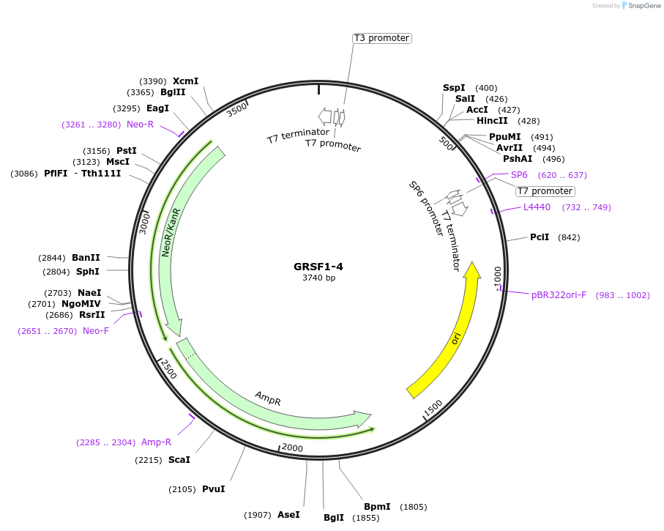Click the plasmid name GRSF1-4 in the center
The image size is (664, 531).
[x=318, y=267]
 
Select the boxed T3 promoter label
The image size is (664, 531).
[x=381, y=38]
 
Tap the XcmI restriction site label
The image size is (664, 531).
[x=185, y=81]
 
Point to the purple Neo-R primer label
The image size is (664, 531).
[x=140, y=125]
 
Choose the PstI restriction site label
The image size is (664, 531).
[x=127, y=150]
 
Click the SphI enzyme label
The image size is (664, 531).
[x=88, y=271]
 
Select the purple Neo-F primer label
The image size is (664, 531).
[x=96, y=331]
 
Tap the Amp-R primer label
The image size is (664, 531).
[x=156, y=442]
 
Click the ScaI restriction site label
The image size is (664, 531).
[x=179, y=460]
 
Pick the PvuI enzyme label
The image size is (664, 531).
[x=213, y=489]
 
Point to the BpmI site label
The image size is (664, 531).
[x=377, y=507]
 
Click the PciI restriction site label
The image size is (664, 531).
[x=540, y=237]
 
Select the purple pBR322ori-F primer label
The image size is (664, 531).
[x=559, y=295]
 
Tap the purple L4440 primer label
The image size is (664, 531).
[x=537, y=207]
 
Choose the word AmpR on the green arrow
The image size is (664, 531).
[x=268, y=398]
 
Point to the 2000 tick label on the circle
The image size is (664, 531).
[x=292, y=448]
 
